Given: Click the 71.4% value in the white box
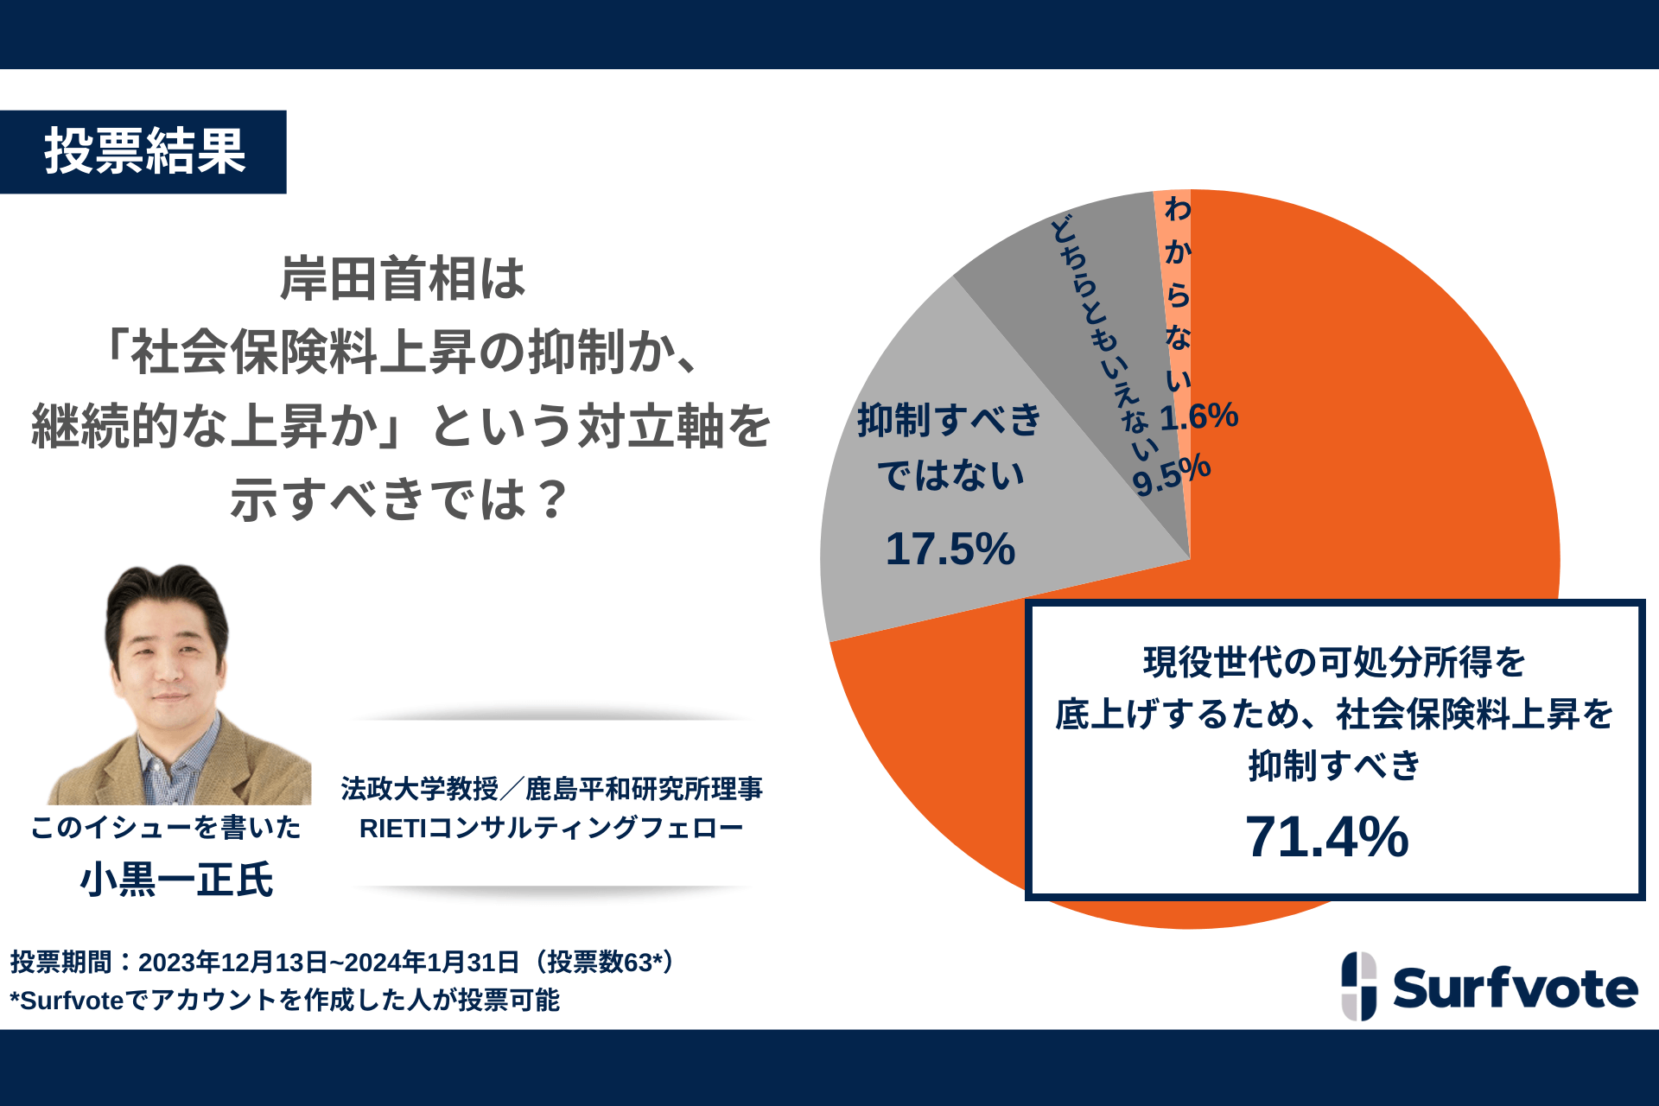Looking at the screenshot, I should click(x=1326, y=836).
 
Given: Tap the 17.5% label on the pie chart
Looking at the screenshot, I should click(x=950, y=549).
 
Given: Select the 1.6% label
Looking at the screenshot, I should click(x=1199, y=416).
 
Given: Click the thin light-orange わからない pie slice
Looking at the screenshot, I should click(x=1173, y=285).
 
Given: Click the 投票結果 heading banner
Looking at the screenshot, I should click(x=144, y=152).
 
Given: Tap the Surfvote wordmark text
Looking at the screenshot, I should click(x=1515, y=988).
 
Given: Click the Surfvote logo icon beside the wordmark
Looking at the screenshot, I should click(x=1359, y=986).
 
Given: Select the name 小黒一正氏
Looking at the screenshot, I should click(x=176, y=880).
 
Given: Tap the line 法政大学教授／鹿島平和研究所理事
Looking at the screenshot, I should click(x=551, y=788).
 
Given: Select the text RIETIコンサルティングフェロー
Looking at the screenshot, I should click(x=551, y=828).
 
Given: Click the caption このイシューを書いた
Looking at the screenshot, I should click(x=166, y=827).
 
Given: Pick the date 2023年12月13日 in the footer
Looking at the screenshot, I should click(x=232, y=962).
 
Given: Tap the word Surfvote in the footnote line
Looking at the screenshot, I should click(x=72, y=1001).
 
